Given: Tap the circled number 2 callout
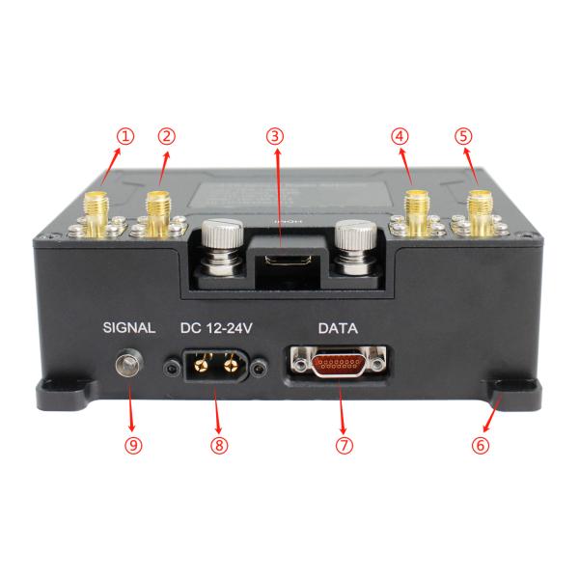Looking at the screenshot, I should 167,136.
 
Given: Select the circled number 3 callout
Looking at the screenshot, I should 277,136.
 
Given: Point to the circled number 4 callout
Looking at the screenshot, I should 400,136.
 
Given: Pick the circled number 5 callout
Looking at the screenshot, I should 464,136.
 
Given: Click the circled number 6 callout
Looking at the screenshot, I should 481,446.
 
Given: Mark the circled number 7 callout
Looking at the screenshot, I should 345,446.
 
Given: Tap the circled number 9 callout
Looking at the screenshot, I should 133,446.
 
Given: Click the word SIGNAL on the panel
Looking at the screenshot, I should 128,328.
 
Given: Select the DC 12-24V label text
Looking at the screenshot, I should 217,328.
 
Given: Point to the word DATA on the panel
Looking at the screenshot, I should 339,328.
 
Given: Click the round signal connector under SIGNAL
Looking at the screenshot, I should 125,365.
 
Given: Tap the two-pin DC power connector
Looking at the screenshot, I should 217,367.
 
